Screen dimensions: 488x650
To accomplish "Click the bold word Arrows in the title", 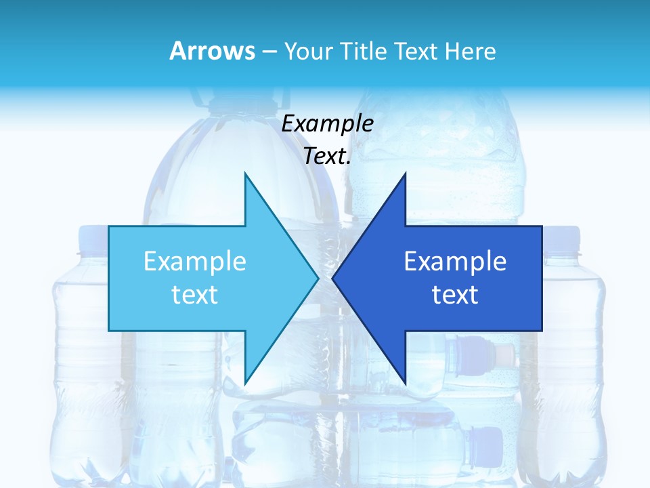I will click(x=212, y=51).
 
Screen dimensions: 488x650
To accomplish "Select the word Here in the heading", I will click(x=470, y=51).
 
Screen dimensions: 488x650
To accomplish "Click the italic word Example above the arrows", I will click(x=327, y=124).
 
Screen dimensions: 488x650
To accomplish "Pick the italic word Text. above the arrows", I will click(x=327, y=157).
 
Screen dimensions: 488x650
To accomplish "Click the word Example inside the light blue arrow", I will click(x=195, y=262).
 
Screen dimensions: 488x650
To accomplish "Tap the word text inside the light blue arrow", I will click(x=195, y=295).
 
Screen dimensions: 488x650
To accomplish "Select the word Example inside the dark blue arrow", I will click(x=455, y=262).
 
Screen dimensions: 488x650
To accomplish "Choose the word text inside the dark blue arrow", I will click(x=455, y=295).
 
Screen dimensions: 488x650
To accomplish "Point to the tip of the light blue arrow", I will click(x=318, y=278).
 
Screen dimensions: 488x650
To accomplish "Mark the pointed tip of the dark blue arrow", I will click(x=333, y=278).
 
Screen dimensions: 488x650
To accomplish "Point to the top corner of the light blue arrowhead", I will click(x=245, y=174).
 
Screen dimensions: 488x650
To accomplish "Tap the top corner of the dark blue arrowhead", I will click(x=405, y=174).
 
